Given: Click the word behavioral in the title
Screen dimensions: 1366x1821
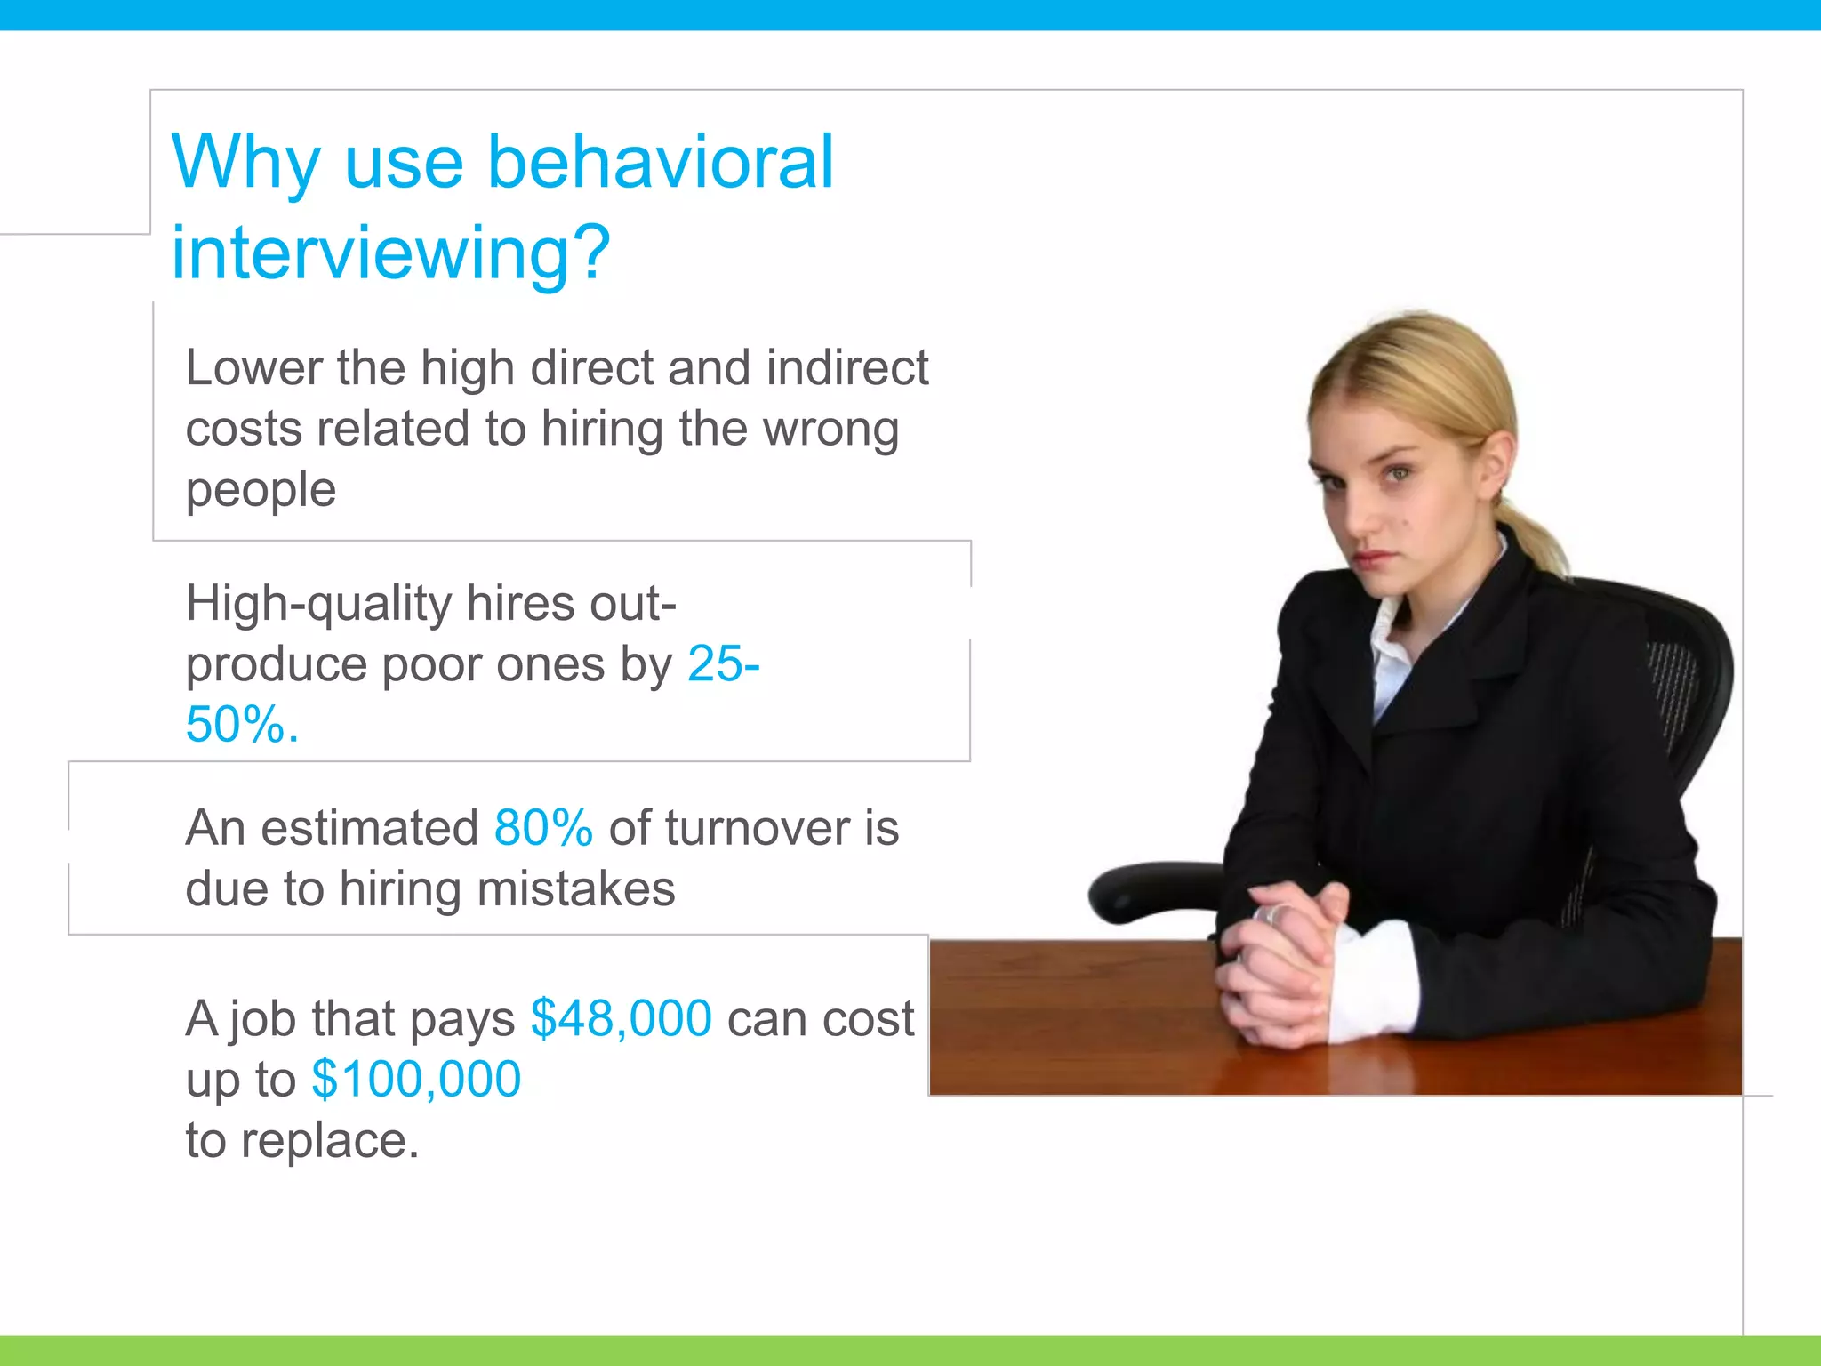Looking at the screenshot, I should click(x=661, y=163).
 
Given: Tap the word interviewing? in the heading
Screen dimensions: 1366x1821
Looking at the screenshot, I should click(x=390, y=253).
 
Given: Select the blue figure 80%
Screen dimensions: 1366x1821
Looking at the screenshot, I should click(x=543, y=829).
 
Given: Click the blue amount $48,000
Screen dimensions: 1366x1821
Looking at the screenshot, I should click(x=621, y=1019).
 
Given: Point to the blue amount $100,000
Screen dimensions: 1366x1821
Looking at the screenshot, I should click(x=416, y=1080).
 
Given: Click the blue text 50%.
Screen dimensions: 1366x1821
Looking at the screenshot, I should click(x=241, y=725).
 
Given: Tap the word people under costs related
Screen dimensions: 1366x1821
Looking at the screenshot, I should click(x=261, y=490).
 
